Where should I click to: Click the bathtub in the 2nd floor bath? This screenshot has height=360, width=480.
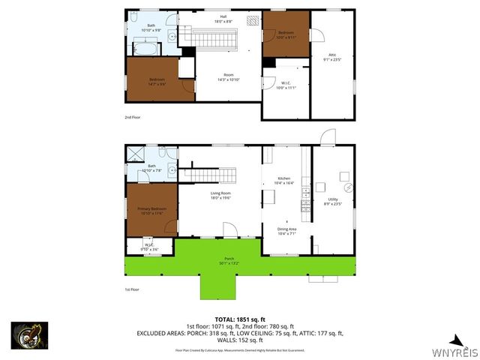146,49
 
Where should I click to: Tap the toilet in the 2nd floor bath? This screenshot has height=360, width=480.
133,18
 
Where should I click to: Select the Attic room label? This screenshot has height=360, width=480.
332,55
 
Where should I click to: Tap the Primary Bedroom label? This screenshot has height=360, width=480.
151,210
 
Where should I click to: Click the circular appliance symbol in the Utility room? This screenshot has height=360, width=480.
347,186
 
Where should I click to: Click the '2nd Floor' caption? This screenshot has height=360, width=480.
133,118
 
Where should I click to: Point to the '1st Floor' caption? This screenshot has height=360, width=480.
133,289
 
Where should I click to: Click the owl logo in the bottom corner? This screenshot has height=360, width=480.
29,335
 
